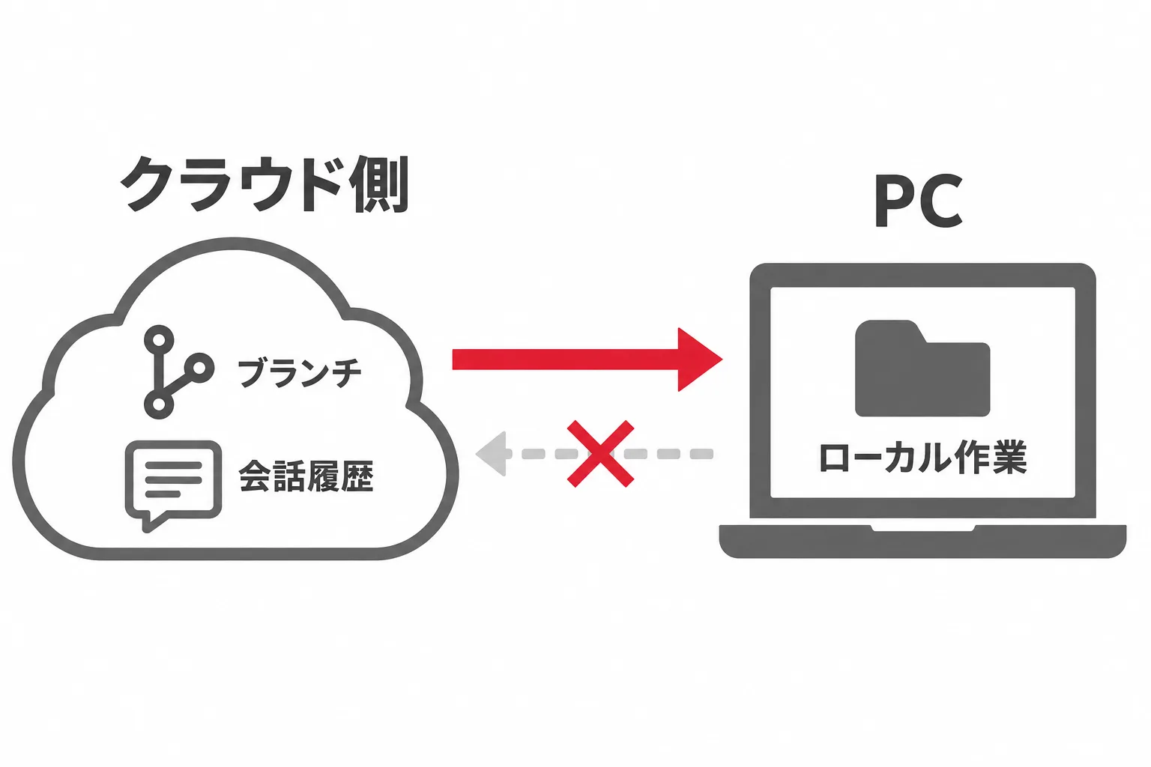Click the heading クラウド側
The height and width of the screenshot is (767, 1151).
265,184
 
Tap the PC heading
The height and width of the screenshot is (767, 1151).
918,200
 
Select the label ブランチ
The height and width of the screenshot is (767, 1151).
300,372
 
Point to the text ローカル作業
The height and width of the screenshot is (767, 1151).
923,456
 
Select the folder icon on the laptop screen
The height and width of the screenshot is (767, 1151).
922,368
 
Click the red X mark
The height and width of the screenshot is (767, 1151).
600,454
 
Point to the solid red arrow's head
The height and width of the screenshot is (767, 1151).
700,360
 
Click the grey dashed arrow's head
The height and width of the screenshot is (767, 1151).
492,454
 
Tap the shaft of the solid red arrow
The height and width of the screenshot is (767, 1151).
565,360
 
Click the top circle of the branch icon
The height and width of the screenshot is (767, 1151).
160,340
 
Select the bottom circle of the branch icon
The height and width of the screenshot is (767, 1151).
160,404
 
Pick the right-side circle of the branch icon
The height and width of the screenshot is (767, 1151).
199,368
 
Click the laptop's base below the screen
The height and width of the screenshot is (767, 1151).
923,542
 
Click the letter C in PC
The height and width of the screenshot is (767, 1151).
940,201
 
